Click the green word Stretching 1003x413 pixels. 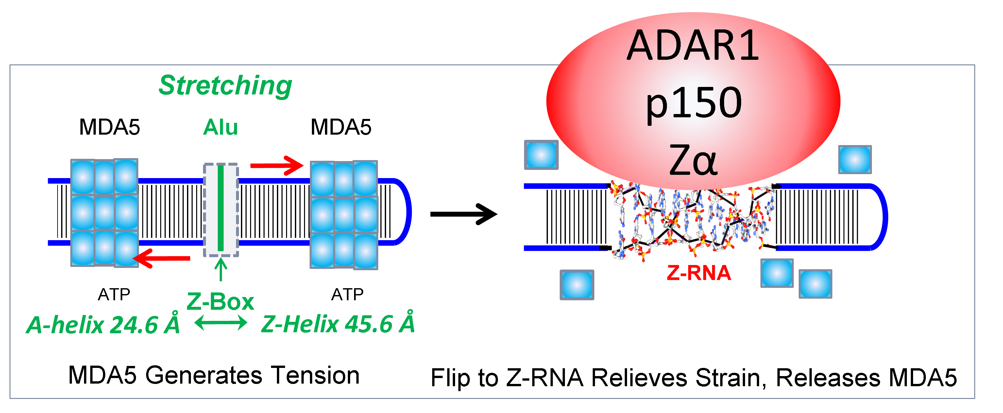click(225, 85)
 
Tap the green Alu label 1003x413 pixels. click(220, 127)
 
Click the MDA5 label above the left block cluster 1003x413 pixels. click(110, 127)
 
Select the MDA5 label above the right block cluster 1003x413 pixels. click(341, 127)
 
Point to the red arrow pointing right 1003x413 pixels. click(277, 165)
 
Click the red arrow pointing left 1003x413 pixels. click(161, 258)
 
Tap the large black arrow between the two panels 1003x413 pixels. click(463, 214)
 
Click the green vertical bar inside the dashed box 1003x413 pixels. click(220, 208)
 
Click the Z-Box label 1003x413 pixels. click(220, 302)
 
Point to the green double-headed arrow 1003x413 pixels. click(221, 323)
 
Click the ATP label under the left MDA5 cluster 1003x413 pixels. click(114, 295)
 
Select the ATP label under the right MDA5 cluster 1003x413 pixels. click(347, 295)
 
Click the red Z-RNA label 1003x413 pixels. click(699, 273)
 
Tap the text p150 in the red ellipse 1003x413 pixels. click(693, 103)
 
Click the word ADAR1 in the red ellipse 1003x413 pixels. click(693, 46)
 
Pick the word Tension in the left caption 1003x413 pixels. click(315, 376)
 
